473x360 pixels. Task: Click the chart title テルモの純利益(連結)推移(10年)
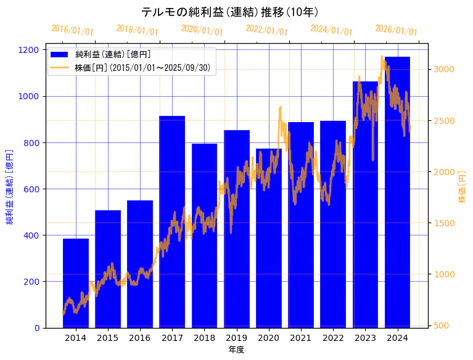pos(229,12)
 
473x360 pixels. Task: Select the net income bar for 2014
pos(76,283)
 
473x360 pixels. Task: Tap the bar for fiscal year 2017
pos(172,222)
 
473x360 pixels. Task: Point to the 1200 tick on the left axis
pos(34,50)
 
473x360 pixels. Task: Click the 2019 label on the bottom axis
pos(237,337)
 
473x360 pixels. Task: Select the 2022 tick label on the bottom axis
pos(333,337)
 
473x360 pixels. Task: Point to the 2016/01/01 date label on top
pos(73,30)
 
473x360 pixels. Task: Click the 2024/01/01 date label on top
pos(332,30)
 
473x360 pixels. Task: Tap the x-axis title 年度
pos(236,350)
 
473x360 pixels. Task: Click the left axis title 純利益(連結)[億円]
pos(10,186)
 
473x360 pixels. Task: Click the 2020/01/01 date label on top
pos(202,30)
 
